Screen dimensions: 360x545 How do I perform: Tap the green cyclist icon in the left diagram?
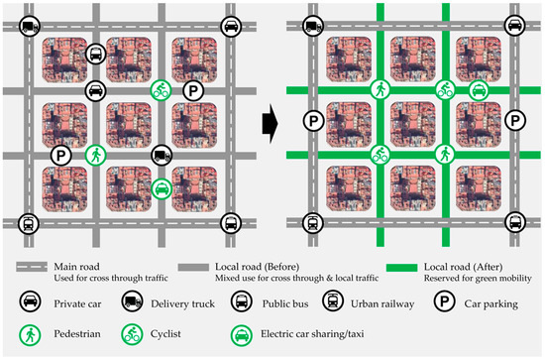[x=161, y=90]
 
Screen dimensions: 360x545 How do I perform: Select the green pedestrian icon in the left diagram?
[x=95, y=155]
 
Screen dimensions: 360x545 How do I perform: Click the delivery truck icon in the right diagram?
[x=313, y=27]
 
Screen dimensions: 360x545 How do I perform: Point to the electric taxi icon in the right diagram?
[x=478, y=91]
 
